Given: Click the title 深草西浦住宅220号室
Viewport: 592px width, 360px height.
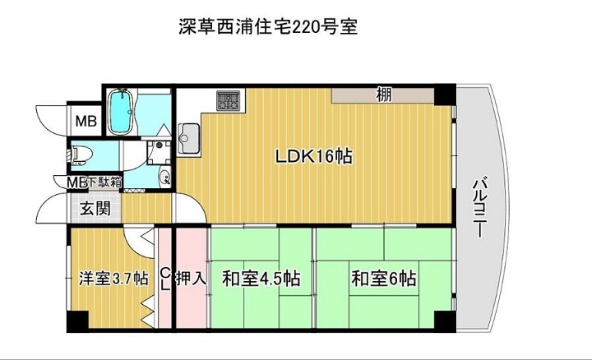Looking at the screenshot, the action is (x=268, y=27).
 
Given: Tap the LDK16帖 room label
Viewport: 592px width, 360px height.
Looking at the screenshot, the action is (x=314, y=156).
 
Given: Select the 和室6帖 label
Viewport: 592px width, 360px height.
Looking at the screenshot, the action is (x=384, y=279).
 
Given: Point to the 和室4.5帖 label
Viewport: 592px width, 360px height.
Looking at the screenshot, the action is (x=261, y=279).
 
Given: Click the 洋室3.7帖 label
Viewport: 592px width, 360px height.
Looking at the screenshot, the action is (x=113, y=279).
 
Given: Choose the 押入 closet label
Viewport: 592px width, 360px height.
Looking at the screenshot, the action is (x=192, y=279).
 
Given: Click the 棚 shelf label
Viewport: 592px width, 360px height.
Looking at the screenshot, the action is (x=384, y=95).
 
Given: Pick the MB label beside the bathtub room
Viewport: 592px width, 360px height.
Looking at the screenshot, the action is (x=86, y=121).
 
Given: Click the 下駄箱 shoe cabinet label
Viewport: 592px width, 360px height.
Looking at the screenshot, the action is (x=105, y=182).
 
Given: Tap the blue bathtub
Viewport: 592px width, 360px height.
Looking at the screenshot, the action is (x=121, y=111).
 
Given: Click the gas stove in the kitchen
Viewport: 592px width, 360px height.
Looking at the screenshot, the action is (x=228, y=100).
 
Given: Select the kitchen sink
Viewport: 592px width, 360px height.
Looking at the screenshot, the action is (x=189, y=138).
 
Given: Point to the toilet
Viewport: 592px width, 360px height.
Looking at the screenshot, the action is (x=78, y=154).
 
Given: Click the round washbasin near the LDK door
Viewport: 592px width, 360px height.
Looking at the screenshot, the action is (x=164, y=176).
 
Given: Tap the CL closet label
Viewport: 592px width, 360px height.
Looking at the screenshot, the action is (x=164, y=279).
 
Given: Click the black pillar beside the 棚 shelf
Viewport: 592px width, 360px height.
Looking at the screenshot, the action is (x=445, y=95).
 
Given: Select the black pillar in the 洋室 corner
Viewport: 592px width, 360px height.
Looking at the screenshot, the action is (x=77, y=321).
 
